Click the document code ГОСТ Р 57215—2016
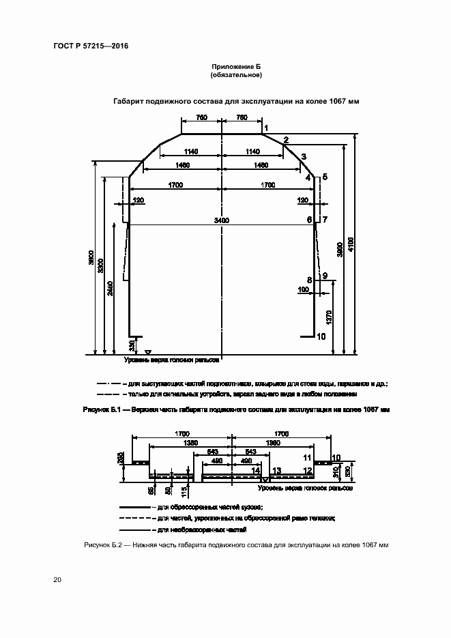coord(91,46)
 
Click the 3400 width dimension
coord(221,220)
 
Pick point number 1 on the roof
coord(266,128)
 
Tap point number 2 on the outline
coord(286,140)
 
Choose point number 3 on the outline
coord(303,156)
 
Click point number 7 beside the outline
coord(325,220)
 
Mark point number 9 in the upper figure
coord(325,275)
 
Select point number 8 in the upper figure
coord(310,280)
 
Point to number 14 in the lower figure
coord(256,470)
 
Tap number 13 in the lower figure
coord(276,470)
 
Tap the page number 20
coord(57,580)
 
